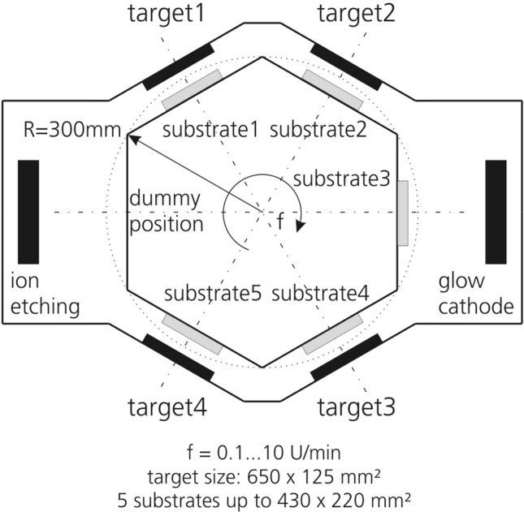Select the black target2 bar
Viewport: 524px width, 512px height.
click(x=346, y=67)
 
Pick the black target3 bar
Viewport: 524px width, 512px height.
click(x=346, y=356)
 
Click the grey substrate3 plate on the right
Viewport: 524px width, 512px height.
click(x=403, y=213)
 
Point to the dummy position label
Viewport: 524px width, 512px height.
click(x=164, y=211)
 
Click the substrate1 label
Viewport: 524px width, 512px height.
click(x=212, y=130)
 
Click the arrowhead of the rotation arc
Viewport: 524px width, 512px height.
click(x=300, y=226)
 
